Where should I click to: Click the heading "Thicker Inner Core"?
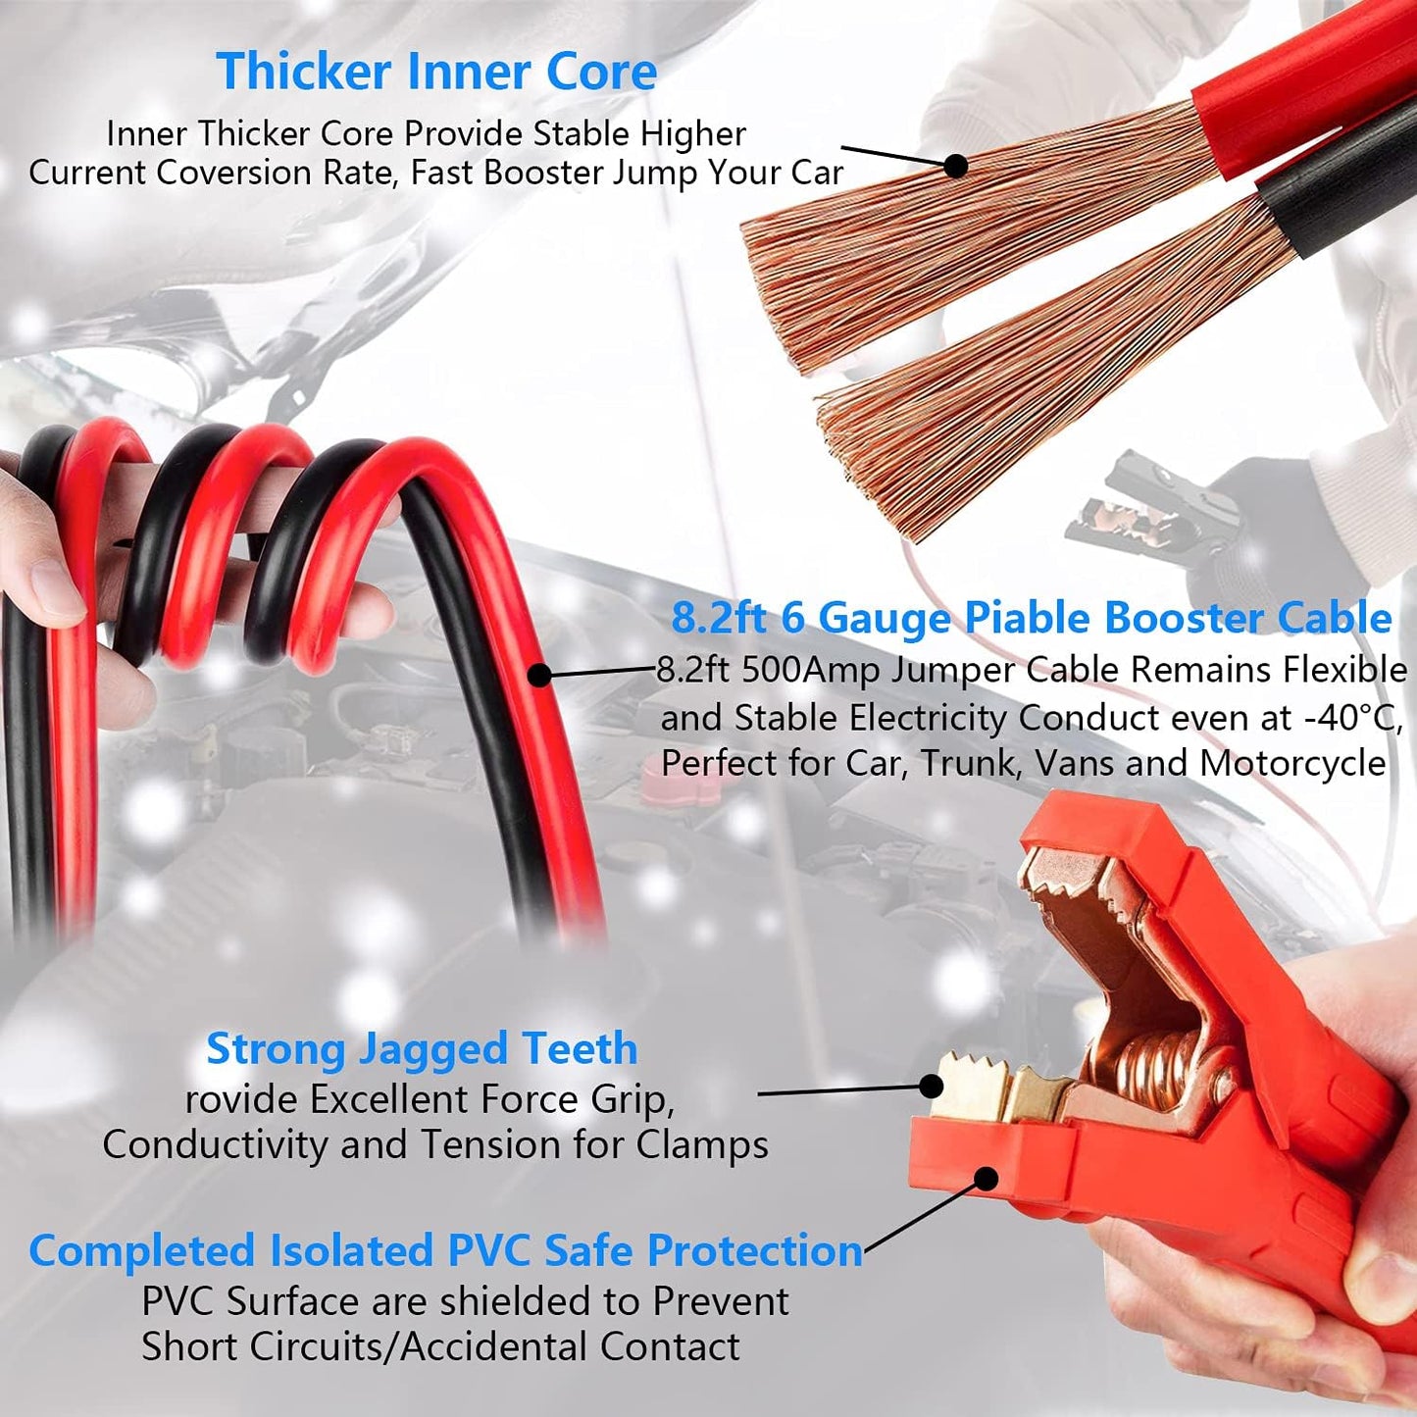pos(436,71)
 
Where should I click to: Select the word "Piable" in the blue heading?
pos(1028,618)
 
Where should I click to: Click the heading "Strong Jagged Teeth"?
pos(422,1048)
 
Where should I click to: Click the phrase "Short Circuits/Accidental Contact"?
pos(440,1347)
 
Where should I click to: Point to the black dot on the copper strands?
pos(955,166)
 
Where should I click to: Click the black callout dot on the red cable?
pos(539,675)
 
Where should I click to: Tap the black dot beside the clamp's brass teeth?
pos(931,1086)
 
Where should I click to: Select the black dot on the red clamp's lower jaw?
pos(987,1179)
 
